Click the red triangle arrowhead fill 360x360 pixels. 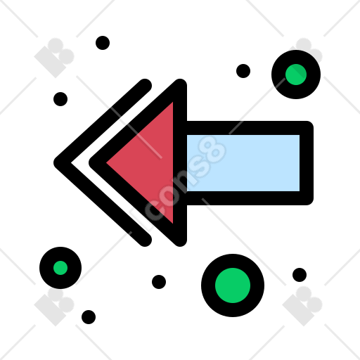[x=150, y=162]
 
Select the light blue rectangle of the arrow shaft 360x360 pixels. [x=243, y=163]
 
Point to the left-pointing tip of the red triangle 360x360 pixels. [x=107, y=162]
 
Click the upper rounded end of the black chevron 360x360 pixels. [x=146, y=85]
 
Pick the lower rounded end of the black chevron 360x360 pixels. [x=146, y=240]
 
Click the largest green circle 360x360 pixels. [x=233, y=285]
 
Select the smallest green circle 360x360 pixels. [x=60, y=268]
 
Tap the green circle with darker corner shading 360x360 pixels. [x=296, y=75]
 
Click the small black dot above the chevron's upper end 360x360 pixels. [x=103, y=43]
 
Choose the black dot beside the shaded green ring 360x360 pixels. [x=243, y=71]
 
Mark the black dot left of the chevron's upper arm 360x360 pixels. [x=60, y=99]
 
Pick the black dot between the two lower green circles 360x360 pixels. [x=159, y=282]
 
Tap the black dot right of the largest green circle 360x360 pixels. [x=300, y=275]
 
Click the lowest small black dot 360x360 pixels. [x=89, y=317]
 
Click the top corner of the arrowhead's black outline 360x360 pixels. [x=180, y=84]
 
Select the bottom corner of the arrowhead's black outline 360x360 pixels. [x=180, y=241]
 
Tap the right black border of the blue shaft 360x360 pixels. [x=307, y=163]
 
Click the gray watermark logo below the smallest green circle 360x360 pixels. [x=54, y=306]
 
